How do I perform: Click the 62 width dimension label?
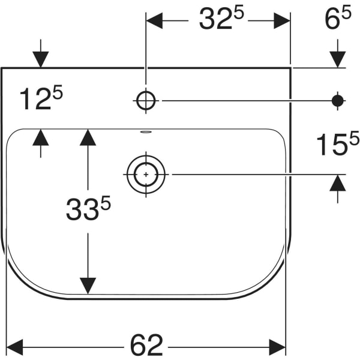point(146,344)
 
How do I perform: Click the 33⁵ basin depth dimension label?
point(88,210)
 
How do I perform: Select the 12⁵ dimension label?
point(41,99)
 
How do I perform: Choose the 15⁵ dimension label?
point(337,145)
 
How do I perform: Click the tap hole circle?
point(146,100)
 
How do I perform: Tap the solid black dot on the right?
point(338,100)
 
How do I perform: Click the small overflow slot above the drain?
point(146,131)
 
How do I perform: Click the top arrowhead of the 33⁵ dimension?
point(88,137)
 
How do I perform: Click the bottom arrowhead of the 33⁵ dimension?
point(88,286)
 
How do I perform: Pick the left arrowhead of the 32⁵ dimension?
point(155,20)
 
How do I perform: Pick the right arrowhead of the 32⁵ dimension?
point(282,20)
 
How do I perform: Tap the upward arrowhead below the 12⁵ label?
point(41,137)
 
